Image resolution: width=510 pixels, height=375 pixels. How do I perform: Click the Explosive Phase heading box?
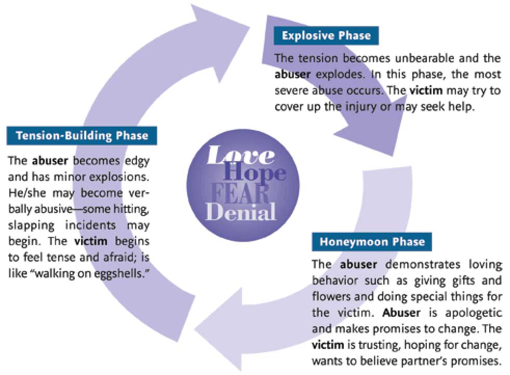tap(326, 35)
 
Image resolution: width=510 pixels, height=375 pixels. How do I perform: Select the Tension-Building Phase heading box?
tap(82, 136)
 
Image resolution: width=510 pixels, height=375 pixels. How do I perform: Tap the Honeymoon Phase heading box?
tap(372, 242)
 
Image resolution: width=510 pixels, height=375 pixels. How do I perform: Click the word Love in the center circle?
tap(240, 155)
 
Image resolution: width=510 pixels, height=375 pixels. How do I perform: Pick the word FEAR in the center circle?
tap(240, 194)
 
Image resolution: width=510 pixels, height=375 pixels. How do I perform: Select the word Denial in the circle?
tap(240, 212)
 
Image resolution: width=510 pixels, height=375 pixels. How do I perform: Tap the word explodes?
tap(340, 75)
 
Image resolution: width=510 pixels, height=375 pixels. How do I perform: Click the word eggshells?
tap(119, 274)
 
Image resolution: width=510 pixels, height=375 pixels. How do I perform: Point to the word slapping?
tap(31, 225)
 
